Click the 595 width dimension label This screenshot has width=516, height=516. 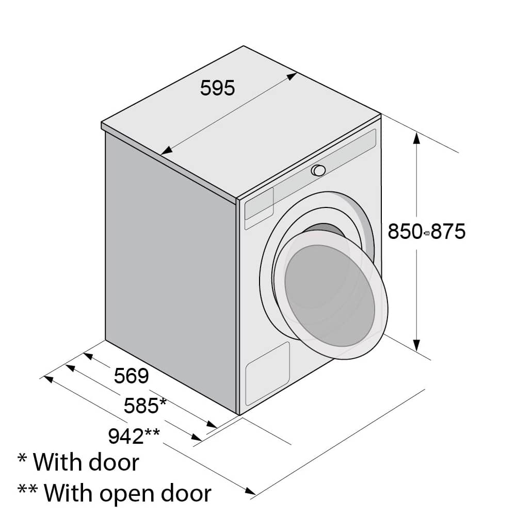(x=218, y=88)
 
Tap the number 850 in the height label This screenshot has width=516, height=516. (x=405, y=231)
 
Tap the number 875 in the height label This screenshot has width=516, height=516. (x=448, y=231)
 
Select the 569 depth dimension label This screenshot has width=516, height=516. (x=131, y=376)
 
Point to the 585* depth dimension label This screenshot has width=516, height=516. (x=145, y=406)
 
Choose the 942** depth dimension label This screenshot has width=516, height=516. (x=134, y=436)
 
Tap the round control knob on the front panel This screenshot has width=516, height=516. (x=318, y=170)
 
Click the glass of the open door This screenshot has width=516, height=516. (x=330, y=296)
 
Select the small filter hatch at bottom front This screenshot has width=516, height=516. (x=267, y=374)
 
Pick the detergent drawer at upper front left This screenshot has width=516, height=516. (x=259, y=204)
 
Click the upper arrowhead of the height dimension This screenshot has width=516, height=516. (x=416, y=138)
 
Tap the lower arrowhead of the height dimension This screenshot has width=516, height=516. (x=416, y=345)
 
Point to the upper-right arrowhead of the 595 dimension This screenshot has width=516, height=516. (x=292, y=76)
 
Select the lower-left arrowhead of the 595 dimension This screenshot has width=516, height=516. (x=167, y=151)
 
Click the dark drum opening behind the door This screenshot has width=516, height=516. (x=324, y=230)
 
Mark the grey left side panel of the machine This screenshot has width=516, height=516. (x=170, y=273)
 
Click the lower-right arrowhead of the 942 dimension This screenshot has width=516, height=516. (x=250, y=491)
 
